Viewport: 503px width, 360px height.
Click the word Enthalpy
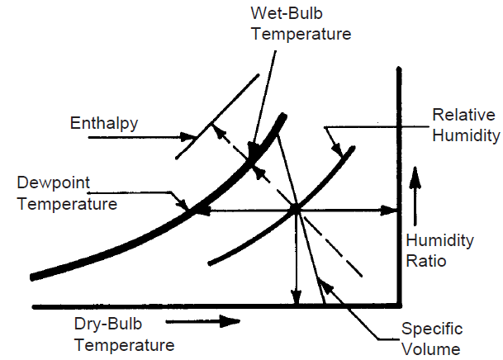pos(104,123)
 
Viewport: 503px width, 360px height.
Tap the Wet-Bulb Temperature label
pos(301,23)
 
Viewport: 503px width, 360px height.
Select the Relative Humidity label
pos(466,125)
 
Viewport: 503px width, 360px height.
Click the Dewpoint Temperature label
pos(67,193)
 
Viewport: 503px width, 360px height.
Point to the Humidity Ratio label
pos(439,250)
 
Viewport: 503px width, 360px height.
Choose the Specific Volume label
pos(432,339)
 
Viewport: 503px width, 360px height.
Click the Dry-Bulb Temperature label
pos(124,334)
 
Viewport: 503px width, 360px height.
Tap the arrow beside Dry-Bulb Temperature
pos(202,321)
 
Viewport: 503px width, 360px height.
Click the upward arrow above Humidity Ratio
pos(415,196)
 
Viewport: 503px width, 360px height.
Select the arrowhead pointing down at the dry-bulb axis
pos(297,296)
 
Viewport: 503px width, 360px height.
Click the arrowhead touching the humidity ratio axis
pos(389,211)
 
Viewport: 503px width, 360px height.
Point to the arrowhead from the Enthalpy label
pos(188,137)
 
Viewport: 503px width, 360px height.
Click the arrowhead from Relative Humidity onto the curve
pos(338,149)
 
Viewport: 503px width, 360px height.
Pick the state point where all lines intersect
pos(296,210)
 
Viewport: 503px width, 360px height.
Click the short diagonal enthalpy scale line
pos(217,116)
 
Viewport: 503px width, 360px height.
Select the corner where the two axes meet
pos(399,306)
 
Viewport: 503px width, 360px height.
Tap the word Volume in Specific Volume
pos(431,348)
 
